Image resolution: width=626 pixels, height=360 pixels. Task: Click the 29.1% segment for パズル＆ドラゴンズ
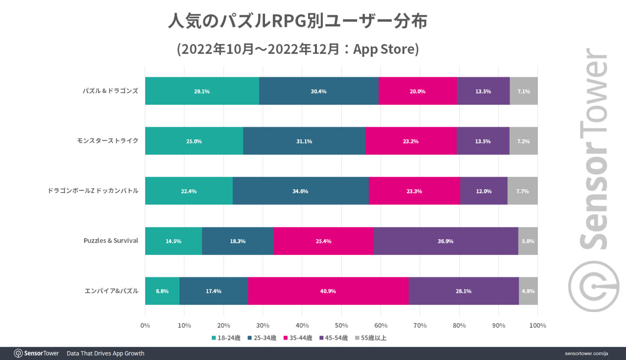click(x=201, y=91)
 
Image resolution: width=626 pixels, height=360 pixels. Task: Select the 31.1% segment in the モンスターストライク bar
click(x=304, y=141)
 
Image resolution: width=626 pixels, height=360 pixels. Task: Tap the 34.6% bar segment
click(x=300, y=191)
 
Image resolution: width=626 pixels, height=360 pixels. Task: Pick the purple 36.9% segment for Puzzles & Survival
click(x=446, y=241)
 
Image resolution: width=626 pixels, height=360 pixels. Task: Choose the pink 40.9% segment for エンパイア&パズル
click(x=328, y=291)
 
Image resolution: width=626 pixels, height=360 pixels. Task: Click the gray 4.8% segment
click(x=528, y=291)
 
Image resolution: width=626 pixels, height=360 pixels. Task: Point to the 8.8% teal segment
click(x=162, y=291)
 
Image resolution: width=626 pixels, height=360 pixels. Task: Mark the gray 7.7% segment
click(x=523, y=191)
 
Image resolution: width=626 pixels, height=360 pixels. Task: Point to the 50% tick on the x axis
click(x=341, y=325)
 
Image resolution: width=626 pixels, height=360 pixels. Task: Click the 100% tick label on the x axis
click(x=537, y=325)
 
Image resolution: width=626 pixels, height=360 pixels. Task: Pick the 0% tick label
click(x=145, y=325)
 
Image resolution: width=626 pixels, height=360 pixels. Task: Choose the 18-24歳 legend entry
click(x=225, y=337)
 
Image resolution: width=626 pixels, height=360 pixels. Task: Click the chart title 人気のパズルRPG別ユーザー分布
click(x=298, y=21)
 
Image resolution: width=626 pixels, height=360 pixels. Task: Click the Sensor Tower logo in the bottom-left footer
click(x=36, y=353)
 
